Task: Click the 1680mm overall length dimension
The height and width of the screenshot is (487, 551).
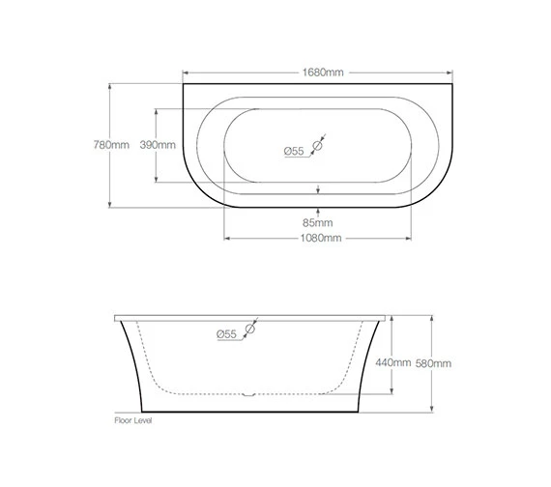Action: [x=320, y=72]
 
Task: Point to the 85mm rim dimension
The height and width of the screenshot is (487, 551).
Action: [x=320, y=223]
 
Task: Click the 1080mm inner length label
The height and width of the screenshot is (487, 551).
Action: [x=320, y=238]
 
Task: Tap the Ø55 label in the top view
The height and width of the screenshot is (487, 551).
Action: [x=294, y=150]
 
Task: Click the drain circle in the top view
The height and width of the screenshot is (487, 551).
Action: [x=316, y=147]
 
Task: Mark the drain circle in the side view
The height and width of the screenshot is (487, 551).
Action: [x=249, y=330]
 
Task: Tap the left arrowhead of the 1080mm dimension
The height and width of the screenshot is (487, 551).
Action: [x=227, y=238]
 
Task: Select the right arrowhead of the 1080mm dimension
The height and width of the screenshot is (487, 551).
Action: [x=414, y=238]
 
